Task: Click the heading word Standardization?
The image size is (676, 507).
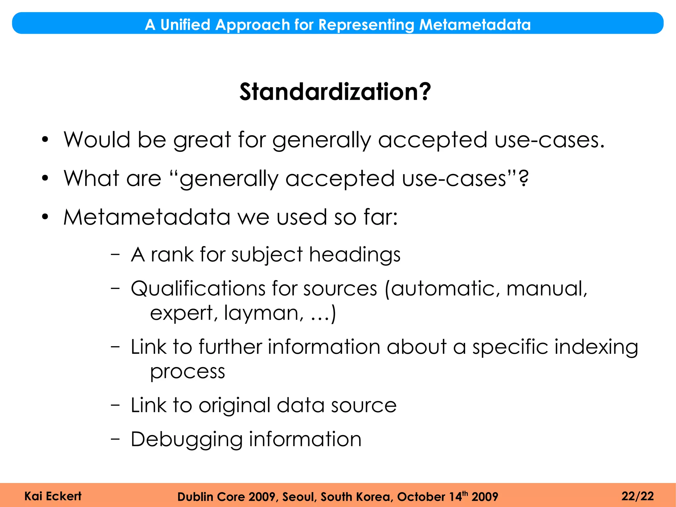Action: [335, 92]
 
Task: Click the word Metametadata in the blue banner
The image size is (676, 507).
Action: [475, 24]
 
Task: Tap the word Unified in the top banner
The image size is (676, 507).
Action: [185, 24]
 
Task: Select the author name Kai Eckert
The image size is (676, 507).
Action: [53, 496]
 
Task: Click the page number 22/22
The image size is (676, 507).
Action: [637, 496]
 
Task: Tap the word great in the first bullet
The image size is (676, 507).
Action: [202, 140]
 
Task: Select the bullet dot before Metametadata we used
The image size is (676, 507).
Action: [45, 217]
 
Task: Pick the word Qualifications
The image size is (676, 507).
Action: [198, 289]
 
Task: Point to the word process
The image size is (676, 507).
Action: [187, 372]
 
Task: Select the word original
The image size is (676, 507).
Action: [234, 406]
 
